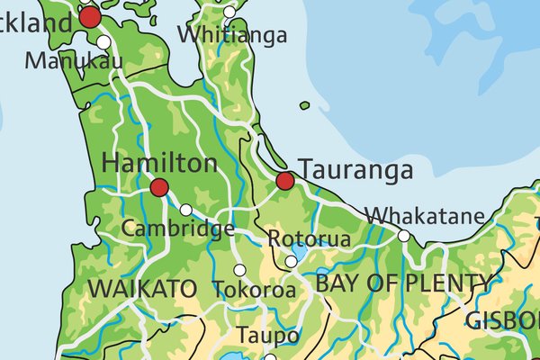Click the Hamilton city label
coord(160,164)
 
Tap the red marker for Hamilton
coord(159,187)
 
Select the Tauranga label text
coord(355,170)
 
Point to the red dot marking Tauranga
coord(285,181)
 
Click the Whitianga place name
coord(232,35)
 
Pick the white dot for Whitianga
coord(229,13)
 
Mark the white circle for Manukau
coord(104,42)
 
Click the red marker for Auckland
coord(90,17)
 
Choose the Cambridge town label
coord(178,229)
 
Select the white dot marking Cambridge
coord(185,210)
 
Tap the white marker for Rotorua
coord(291,262)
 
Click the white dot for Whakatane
coord(404,236)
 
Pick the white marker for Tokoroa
coord(239,270)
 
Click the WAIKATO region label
coord(142,289)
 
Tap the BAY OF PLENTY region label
coord(403,283)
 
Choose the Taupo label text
coord(267,335)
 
